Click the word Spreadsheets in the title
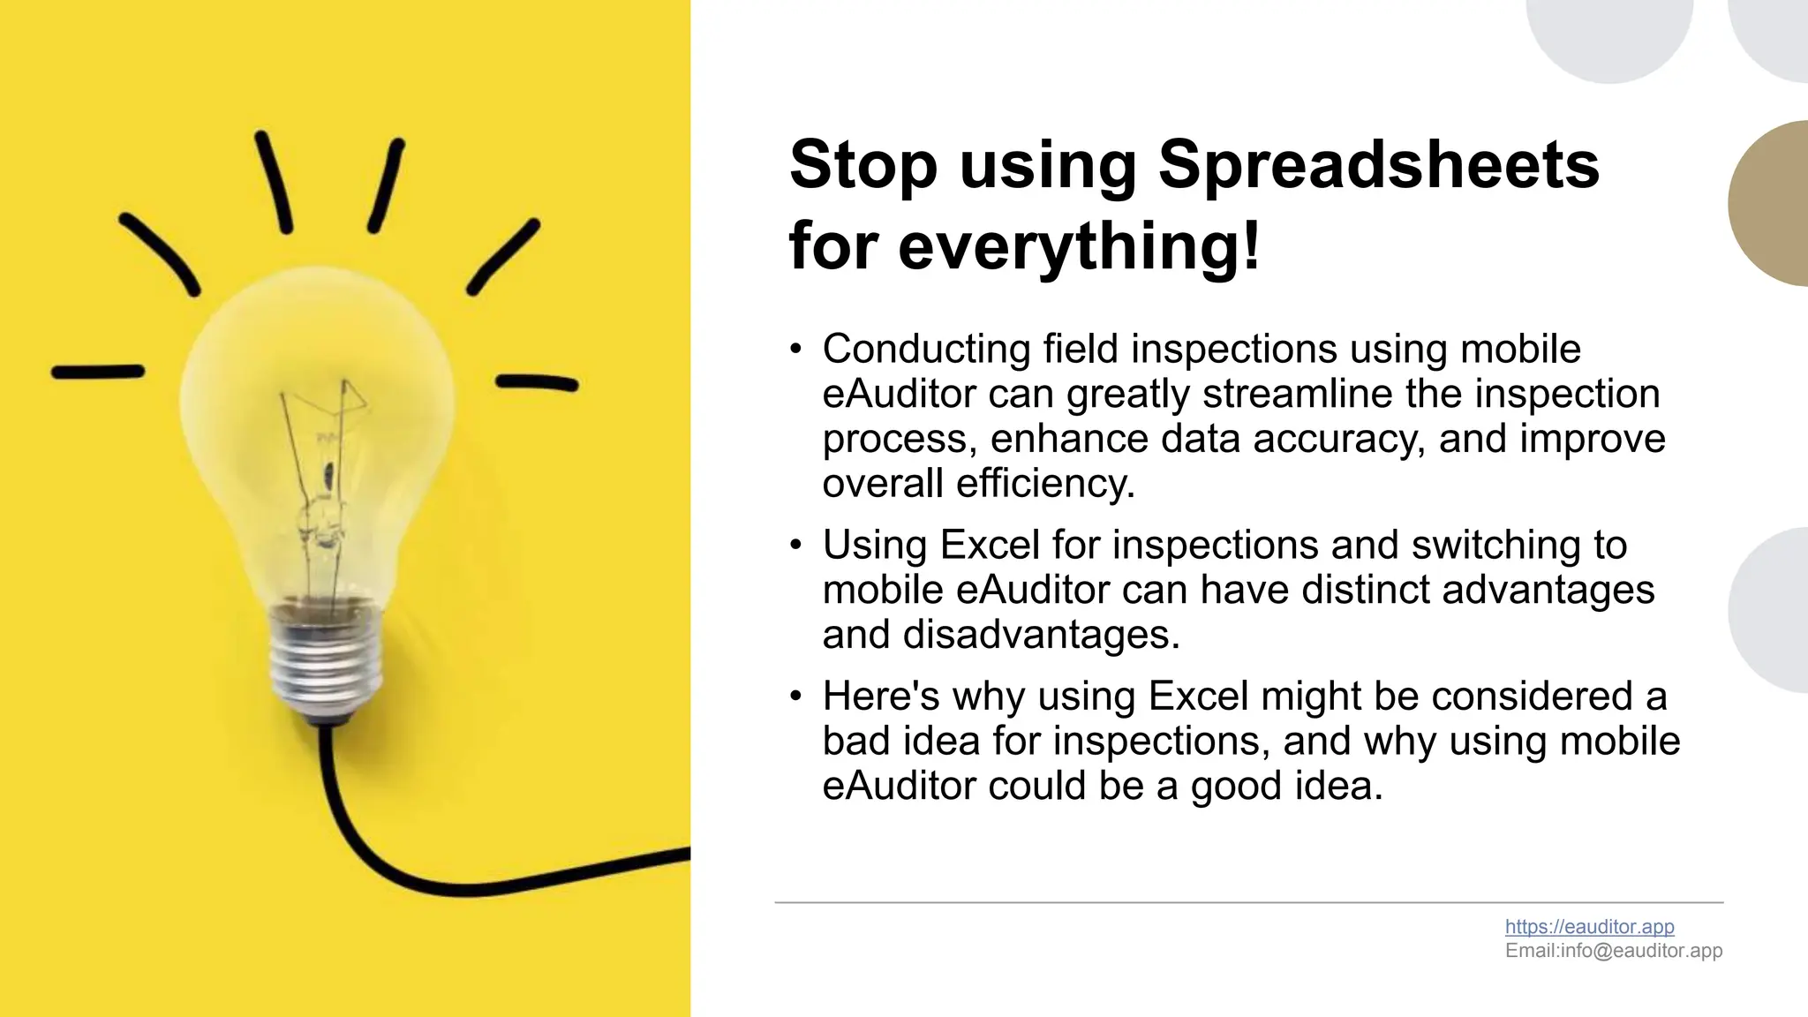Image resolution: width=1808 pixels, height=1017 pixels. [1378, 166]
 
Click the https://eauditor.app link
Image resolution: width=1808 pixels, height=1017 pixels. [1589, 926]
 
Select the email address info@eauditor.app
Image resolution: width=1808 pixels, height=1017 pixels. [1641, 951]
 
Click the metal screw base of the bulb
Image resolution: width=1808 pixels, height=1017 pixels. [327, 659]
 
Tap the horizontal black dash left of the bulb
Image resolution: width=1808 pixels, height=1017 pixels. [98, 372]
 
